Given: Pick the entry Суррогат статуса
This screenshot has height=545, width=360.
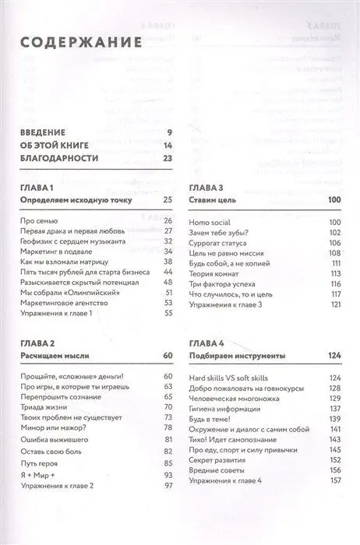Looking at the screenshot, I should click(x=221, y=242).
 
